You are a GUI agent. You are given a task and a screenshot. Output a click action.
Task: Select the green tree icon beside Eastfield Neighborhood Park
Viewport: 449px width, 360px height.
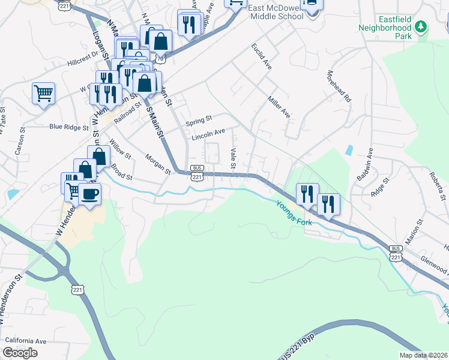pyautogui.click(x=421, y=26)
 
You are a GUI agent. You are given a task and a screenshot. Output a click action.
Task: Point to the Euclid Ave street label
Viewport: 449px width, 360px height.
pyautogui.click(x=262, y=56)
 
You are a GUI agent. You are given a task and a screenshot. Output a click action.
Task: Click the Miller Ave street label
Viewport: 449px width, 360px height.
pyautogui.click(x=279, y=106)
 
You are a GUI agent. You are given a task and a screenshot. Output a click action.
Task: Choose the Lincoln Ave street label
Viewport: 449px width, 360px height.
pyautogui.click(x=208, y=134)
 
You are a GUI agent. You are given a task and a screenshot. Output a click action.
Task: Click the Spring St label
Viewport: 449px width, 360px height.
pyautogui.click(x=199, y=120)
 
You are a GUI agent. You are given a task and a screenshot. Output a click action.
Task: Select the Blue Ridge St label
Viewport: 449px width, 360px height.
pyautogui.click(x=69, y=127)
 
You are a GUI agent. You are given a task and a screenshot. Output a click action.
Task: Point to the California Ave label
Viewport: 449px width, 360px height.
pyautogui.click(x=25, y=341)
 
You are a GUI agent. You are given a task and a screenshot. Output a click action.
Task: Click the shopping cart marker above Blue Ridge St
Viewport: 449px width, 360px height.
pyautogui.click(x=43, y=94)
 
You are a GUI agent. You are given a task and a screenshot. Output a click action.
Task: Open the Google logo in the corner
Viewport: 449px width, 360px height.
pyautogui.click(x=20, y=352)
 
